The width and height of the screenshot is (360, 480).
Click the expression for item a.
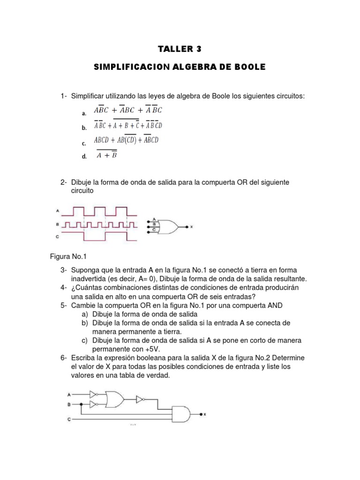[127, 110]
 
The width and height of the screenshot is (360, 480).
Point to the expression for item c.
[126, 140]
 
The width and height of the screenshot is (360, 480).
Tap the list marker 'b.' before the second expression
[84, 127]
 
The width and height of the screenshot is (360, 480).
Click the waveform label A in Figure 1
[57, 211]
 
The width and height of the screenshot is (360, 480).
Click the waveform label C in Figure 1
[57, 237]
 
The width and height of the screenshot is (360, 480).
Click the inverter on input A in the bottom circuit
[93, 394]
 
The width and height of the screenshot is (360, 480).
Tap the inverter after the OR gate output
[140, 399]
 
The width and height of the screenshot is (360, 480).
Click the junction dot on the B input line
[82, 403]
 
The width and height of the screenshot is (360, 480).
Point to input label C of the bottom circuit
[69, 418]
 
